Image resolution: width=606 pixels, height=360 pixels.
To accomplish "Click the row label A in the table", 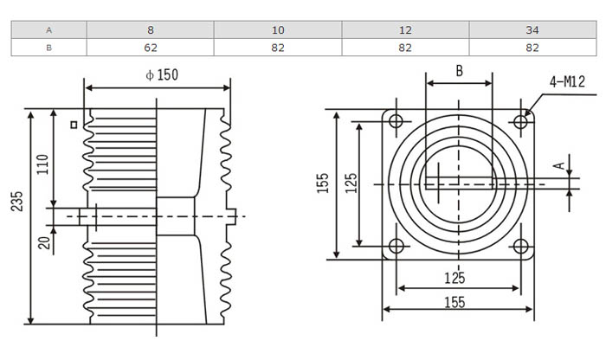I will (x=48, y=30).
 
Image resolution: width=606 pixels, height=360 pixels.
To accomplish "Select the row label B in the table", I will (x=48, y=48).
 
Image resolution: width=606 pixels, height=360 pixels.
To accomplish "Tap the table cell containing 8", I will (x=151, y=30).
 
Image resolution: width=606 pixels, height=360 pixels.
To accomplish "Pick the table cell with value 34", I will (x=532, y=30).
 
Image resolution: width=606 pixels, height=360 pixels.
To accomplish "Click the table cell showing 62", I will (x=151, y=48).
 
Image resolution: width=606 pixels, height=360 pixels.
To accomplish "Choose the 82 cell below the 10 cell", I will (x=279, y=48).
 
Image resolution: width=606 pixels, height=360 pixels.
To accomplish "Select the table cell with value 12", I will (x=405, y=30).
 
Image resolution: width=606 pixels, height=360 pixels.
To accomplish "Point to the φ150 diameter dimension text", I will (x=162, y=75).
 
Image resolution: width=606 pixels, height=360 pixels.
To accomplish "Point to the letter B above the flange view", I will (x=460, y=71).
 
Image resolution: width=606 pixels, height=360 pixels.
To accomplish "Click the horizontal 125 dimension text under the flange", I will (x=455, y=278).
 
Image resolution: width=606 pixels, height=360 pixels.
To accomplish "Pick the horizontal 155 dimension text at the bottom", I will (x=455, y=302).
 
